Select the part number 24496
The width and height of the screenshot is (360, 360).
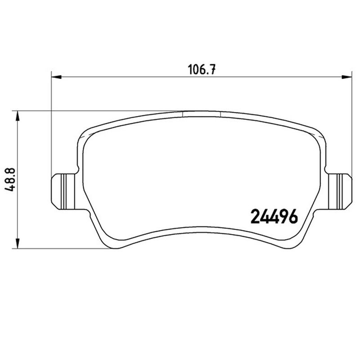click(x=273, y=217)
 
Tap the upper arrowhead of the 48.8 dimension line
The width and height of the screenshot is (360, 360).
click(x=18, y=116)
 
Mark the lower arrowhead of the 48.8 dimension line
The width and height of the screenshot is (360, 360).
click(x=18, y=243)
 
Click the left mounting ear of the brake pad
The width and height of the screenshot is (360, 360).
click(x=62, y=189)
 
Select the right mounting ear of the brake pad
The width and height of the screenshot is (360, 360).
click(x=339, y=189)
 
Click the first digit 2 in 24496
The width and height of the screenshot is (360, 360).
click(x=254, y=217)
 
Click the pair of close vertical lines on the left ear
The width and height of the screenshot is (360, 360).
click(x=65, y=189)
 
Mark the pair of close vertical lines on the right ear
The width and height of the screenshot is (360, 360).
click(x=337, y=189)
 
